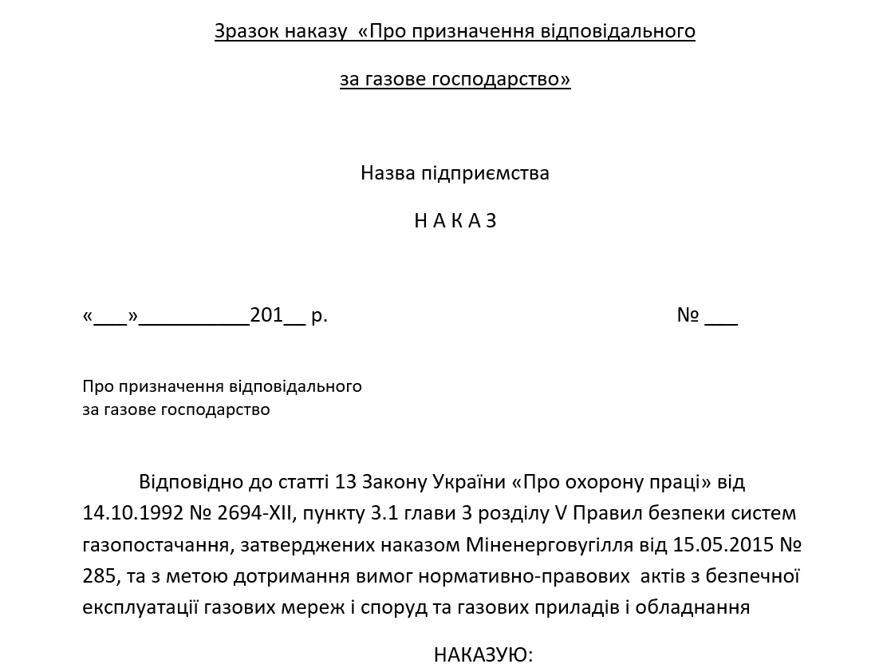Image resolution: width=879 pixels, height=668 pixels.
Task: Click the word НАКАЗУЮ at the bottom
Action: point(483,655)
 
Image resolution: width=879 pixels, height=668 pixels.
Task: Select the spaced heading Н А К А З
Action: point(455,221)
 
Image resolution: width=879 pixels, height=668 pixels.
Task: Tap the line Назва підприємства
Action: point(455,173)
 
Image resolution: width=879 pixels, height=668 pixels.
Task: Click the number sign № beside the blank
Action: point(688,315)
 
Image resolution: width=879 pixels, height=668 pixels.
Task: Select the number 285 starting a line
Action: point(98,576)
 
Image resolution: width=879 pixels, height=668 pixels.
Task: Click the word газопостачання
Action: point(151,545)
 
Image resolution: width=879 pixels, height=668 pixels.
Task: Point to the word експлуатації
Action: point(140,607)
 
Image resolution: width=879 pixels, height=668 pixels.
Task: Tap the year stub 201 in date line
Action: point(266,315)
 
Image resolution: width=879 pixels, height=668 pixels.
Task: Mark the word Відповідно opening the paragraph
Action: point(185,482)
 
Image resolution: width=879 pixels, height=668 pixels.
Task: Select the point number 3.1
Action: point(386,513)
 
